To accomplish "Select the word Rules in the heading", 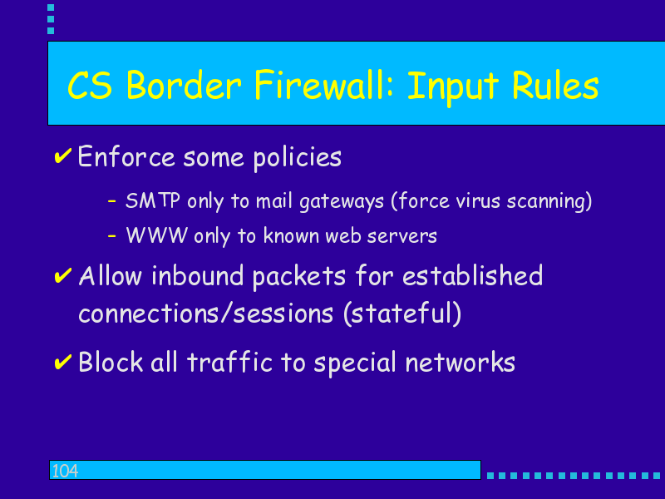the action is (555, 86).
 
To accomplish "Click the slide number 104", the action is (65, 471).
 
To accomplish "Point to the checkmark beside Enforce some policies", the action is (63, 156).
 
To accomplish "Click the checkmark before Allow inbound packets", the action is (63, 276).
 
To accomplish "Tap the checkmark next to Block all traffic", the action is (63, 362).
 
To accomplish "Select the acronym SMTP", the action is (153, 200).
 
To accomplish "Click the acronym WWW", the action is (157, 235).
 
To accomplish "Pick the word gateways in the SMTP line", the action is (342, 201).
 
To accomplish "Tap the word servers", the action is (401, 236).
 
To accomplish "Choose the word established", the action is (472, 275).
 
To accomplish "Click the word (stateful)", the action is (402, 314).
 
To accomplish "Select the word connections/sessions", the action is (205, 314).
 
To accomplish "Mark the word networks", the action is (461, 363).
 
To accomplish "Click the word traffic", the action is (229, 362).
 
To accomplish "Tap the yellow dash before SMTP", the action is (112, 200).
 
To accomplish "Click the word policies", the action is (298, 158).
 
